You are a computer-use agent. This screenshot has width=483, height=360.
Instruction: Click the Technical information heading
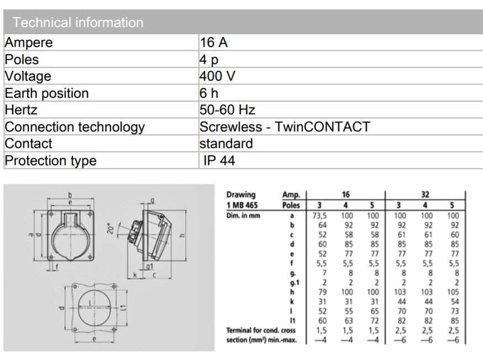coord(78,23)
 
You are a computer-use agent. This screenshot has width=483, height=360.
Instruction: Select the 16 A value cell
coord(214,43)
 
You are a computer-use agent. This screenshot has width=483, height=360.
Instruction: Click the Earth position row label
coord(46,93)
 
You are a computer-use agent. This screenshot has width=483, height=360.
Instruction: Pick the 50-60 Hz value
coord(227,110)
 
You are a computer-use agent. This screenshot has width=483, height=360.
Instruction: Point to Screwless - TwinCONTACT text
coord(284,127)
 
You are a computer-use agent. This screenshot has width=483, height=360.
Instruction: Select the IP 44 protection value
coord(219,161)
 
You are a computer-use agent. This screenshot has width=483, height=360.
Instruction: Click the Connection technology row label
coord(75,127)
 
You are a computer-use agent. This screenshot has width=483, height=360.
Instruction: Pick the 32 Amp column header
coord(426,195)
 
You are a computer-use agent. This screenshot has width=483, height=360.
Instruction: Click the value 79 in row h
coord(323,292)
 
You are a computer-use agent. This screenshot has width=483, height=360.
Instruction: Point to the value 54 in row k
coord(454,301)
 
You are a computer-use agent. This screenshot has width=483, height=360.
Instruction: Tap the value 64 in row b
coord(323,225)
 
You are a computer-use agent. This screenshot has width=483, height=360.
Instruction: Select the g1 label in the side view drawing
coord(149,267)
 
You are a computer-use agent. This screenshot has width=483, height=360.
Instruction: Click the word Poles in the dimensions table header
coord(292,205)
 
